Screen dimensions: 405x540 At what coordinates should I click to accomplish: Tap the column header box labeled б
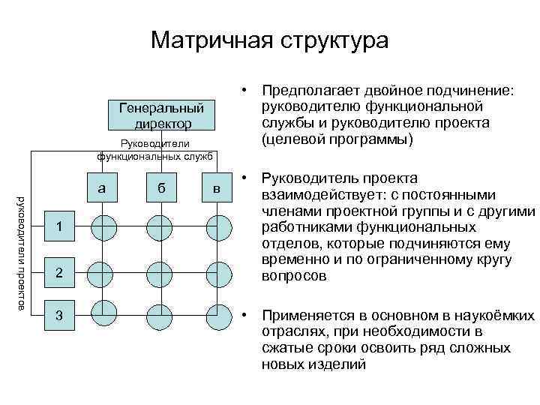(159, 188)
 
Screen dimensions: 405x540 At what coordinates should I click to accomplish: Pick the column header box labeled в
(217, 188)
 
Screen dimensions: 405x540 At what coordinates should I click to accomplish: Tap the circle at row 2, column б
(159, 274)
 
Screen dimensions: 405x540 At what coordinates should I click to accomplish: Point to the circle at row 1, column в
(217, 226)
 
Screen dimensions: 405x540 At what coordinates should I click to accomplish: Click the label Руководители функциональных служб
(155, 149)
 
